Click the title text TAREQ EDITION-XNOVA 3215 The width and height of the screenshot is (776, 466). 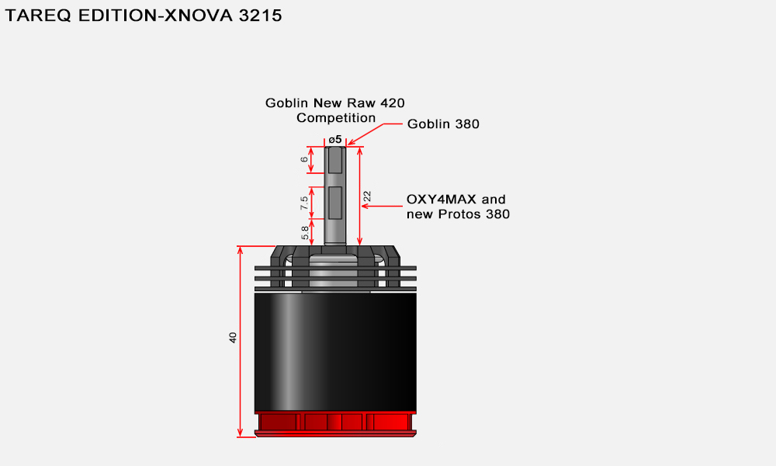[144, 16]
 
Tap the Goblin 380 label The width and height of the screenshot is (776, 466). [443, 123]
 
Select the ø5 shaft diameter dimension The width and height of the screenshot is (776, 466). [335, 140]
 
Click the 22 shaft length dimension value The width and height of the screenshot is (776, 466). [367, 196]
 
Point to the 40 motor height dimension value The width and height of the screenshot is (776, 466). [233, 338]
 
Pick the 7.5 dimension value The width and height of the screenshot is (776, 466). [304, 203]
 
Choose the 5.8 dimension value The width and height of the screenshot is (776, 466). [305, 233]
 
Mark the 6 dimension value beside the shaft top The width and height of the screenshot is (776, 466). [304, 159]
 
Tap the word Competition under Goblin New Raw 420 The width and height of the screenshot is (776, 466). [336, 118]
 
